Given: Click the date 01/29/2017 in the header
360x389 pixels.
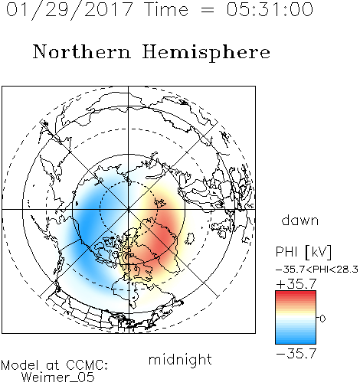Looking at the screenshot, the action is point(69,10).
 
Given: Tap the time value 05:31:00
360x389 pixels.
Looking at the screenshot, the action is point(270,9).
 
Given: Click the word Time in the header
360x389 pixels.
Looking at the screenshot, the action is point(166,9).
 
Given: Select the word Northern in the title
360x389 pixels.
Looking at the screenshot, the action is point(82,52).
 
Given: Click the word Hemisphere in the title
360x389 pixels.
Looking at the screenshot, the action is point(206,53).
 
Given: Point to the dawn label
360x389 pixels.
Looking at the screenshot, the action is point(300,220).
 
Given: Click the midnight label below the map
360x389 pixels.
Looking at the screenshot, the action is point(180,360).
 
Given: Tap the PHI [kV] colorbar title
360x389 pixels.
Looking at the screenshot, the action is point(303,252).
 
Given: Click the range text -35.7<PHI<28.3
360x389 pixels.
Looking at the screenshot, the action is point(317,270).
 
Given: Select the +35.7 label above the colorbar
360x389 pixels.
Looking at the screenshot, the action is point(296,284).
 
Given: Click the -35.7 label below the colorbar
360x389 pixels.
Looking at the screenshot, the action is point(296,354).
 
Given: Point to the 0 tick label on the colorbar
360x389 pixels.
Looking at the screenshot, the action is point(322,319).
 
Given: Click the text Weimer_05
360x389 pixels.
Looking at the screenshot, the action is point(58,378).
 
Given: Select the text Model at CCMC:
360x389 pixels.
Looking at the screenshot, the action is point(54,365).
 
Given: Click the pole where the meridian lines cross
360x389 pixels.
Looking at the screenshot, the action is point(129,210).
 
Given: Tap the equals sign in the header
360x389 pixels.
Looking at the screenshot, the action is point(208,10).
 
